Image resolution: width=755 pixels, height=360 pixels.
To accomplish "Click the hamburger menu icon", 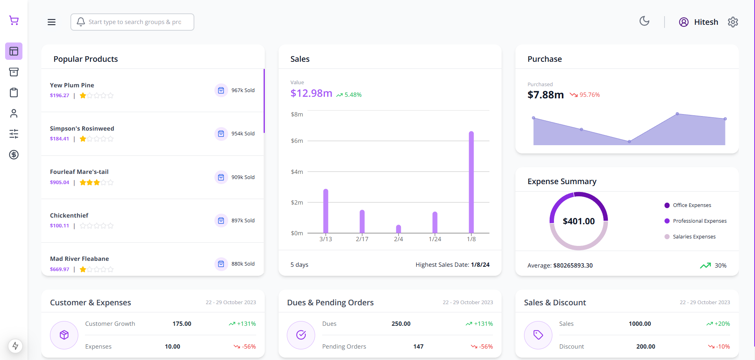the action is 52,22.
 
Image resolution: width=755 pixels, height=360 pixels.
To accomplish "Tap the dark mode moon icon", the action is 644,21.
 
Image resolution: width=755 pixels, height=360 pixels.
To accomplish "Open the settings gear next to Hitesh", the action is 733,22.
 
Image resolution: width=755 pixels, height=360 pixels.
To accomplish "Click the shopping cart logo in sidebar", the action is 14,20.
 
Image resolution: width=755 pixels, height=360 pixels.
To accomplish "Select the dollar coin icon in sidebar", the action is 14,155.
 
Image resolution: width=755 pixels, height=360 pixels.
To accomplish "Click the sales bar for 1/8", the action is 471,182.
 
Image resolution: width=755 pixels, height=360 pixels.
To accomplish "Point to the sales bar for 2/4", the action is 399,229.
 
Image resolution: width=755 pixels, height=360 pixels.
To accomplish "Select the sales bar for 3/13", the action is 326,211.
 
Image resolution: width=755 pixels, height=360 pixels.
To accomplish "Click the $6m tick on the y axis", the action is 297,141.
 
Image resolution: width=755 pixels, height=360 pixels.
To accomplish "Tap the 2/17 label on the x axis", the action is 362,239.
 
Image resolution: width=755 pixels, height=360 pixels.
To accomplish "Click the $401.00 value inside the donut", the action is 579,221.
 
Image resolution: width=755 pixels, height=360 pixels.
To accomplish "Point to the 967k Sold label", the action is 243,90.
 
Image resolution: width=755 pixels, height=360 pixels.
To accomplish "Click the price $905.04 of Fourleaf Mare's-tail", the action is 59,183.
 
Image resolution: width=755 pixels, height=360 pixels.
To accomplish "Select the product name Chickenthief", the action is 69,216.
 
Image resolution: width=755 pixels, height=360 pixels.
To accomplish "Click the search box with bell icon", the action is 132,22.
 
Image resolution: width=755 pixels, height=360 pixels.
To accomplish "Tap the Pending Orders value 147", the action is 418,347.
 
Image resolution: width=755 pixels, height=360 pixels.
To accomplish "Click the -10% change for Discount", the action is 719,347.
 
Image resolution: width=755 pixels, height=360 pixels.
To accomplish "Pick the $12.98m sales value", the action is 311,93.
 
